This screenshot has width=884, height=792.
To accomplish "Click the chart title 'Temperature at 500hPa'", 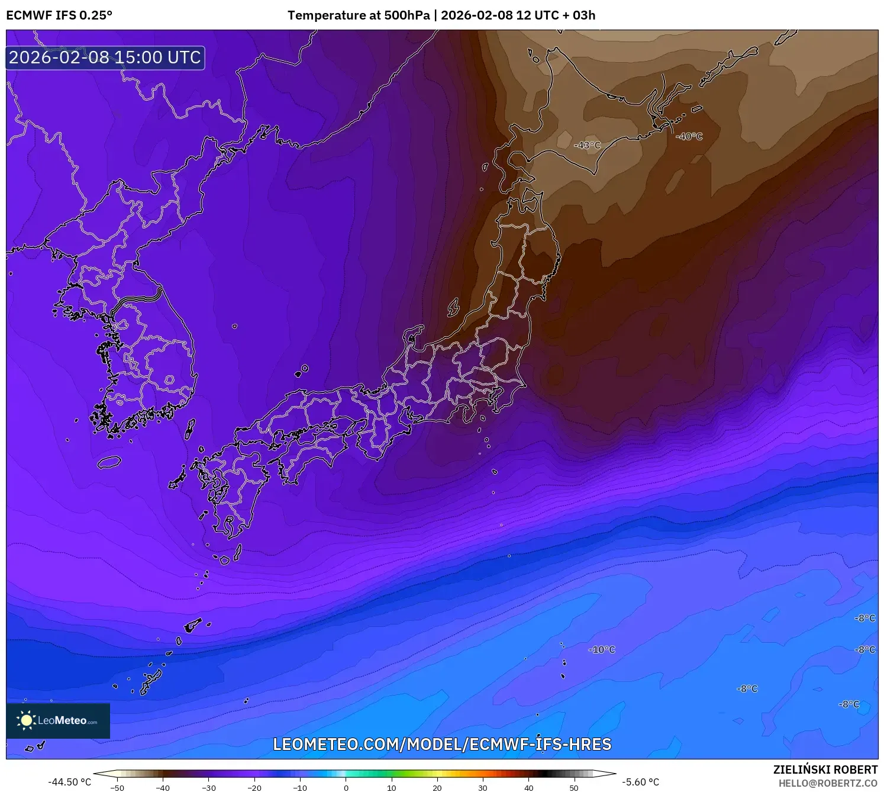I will (x=359, y=15).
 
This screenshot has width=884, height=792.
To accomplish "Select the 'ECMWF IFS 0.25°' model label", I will (x=59, y=15).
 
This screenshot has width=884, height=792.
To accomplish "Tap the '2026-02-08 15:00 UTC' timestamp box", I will (x=105, y=57).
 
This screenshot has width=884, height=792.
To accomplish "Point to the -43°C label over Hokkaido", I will (x=587, y=145).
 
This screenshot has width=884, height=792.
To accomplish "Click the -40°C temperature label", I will (x=689, y=136).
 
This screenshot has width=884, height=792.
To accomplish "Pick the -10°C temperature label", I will (x=602, y=649).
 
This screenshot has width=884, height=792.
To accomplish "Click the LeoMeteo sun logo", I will (x=26, y=720).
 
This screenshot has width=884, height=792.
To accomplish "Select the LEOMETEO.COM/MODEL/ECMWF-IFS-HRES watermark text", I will (x=442, y=744).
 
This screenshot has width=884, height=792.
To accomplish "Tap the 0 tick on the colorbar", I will (x=346, y=787).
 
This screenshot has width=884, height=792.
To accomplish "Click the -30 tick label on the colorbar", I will (x=208, y=787).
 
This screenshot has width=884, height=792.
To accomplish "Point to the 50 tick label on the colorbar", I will (x=574, y=787).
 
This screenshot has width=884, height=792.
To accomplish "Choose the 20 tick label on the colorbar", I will (x=437, y=787).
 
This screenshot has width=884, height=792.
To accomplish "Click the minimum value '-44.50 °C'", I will (x=70, y=782).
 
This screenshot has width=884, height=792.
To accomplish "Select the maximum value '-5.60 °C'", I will (x=640, y=782).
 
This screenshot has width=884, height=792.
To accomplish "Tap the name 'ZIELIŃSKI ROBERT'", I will (x=825, y=770).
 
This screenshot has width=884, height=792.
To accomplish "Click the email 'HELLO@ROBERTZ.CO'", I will (x=828, y=783).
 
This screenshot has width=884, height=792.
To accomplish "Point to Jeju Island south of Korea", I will (x=109, y=462).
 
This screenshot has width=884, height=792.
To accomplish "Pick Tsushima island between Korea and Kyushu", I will (x=190, y=429).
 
